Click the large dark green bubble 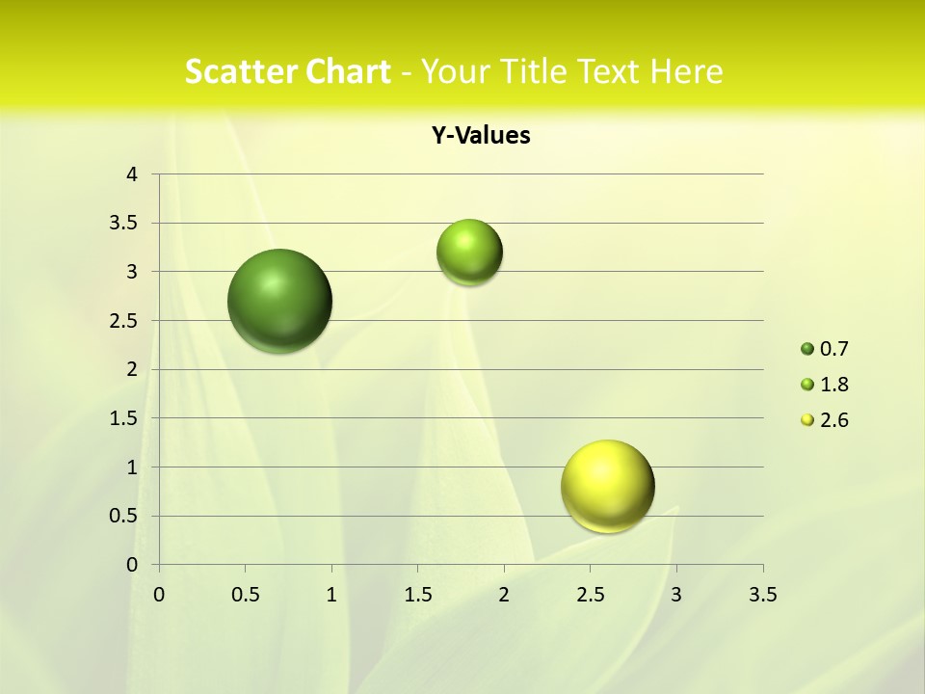(x=280, y=301)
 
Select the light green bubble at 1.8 (x=469, y=252)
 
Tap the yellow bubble (x=607, y=486)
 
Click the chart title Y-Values (x=481, y=136)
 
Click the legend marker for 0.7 (x=807, y=349)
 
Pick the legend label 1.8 (x=834, y=385)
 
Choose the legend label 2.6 (x=834, y=420)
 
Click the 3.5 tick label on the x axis (x=762, y=596)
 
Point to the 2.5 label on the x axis (x=590, y=596)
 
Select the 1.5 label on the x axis (x=417, y=596)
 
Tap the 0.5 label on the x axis (x=245, y=596)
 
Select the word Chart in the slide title (x=348, y=71)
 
